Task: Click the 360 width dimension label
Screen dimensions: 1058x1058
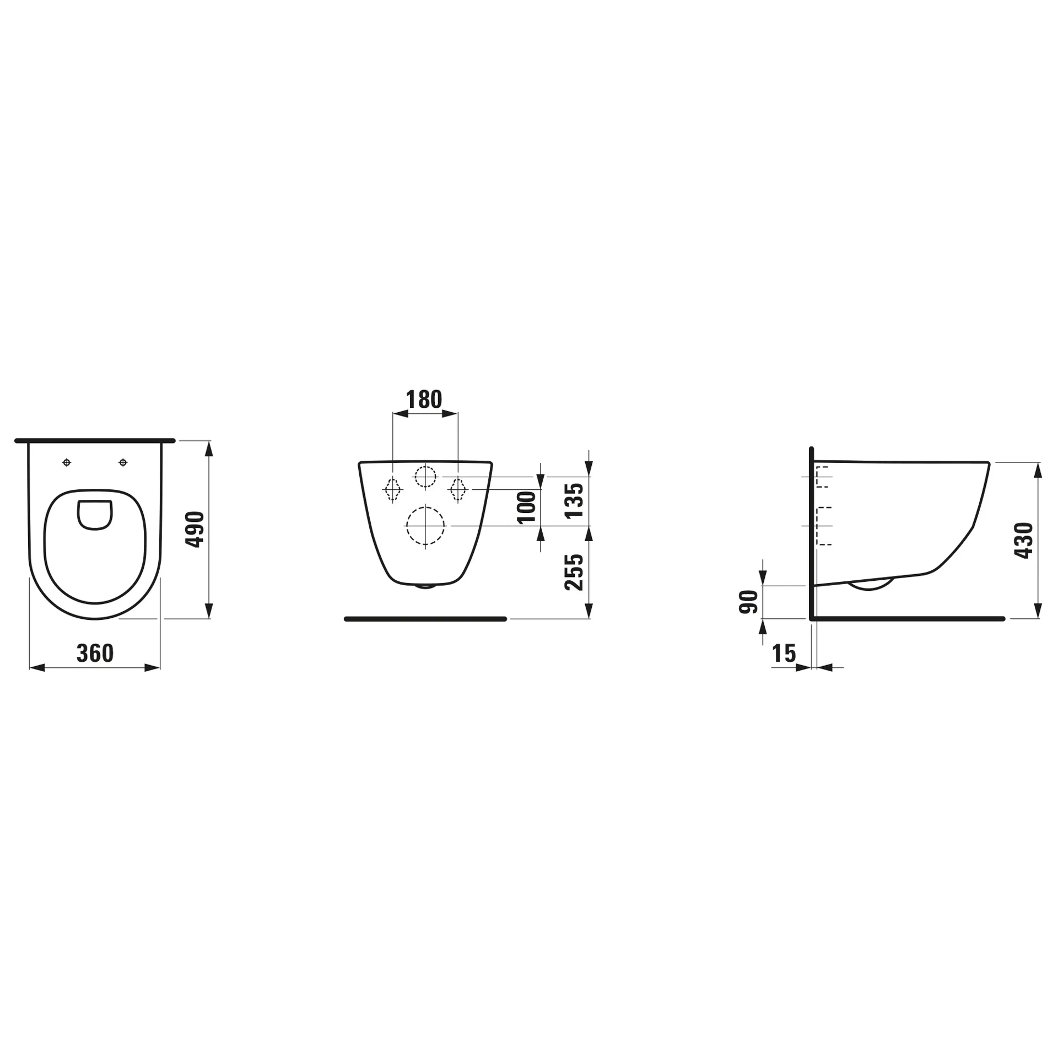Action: click(95, 653)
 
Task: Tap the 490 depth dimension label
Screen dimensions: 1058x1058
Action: click(195, 530)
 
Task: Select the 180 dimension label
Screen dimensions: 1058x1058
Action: click(424, 400)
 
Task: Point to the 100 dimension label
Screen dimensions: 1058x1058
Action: click(527, 507)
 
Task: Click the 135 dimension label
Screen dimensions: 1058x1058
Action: click(574, 500)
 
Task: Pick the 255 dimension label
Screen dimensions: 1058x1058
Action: click(574, 573)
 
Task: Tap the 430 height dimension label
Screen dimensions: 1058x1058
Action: click(1024, 541)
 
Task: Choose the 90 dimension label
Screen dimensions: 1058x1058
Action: click(749, 602)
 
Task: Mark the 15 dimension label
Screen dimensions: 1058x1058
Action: click(784, 654)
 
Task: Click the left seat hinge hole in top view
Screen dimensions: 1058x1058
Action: click(67, 462)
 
